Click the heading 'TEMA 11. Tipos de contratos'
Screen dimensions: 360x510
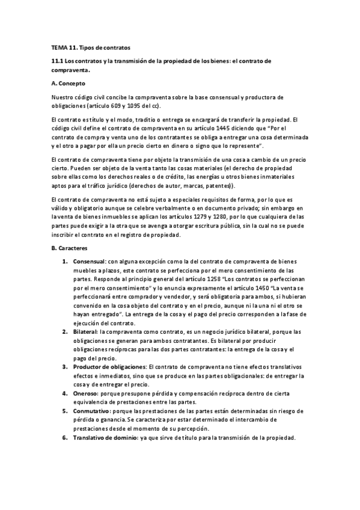[90, 46]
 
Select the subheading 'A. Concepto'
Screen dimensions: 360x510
[69, 83]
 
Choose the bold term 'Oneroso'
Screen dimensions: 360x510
[84, 393]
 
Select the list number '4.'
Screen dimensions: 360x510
[66, 393]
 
